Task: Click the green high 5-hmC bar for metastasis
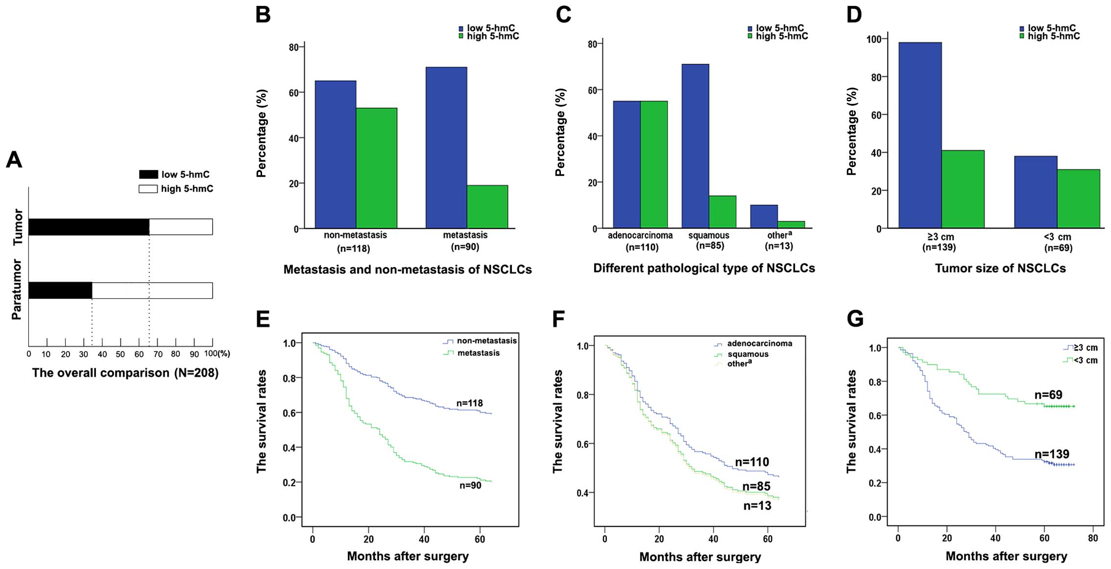[487, 207]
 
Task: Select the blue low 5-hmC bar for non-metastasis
[335, 154]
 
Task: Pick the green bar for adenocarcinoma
[654, 165]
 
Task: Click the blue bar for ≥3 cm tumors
[919, 135]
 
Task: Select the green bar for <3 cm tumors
[1078, 199]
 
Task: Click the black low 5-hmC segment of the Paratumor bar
[60, 290]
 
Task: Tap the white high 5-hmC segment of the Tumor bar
[181, 227]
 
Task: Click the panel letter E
[263, 319]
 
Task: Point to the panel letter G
[855, 319]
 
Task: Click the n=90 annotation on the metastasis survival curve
[470, 485]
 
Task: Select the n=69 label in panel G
[1048, 395]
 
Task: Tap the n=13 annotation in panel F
[757, 506]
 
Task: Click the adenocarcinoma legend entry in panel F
[759, 344]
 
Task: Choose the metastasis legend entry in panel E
[478, 353]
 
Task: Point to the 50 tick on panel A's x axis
[121, 354]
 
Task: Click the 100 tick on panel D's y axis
[874, 39]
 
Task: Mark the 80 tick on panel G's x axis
[1093, 538]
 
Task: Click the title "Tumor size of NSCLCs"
[1000, 268]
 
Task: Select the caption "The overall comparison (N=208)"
[125, 373]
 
